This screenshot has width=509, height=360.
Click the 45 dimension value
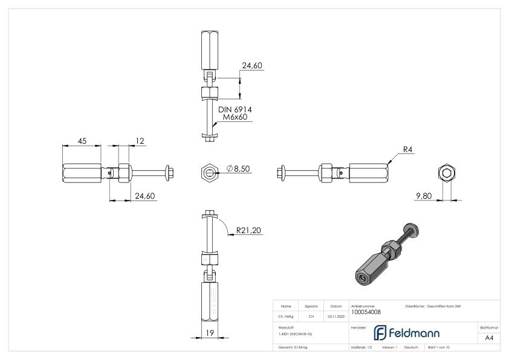pos(82,141)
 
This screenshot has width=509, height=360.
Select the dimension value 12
pos(140,141)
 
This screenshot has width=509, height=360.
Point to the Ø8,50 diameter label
pos(238,169)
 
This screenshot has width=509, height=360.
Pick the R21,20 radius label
pos(248,230)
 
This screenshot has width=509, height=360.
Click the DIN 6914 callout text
pos(235,109)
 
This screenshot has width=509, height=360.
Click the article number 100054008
pos(366,312)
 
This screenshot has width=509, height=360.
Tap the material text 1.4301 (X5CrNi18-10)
pos(295,333)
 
